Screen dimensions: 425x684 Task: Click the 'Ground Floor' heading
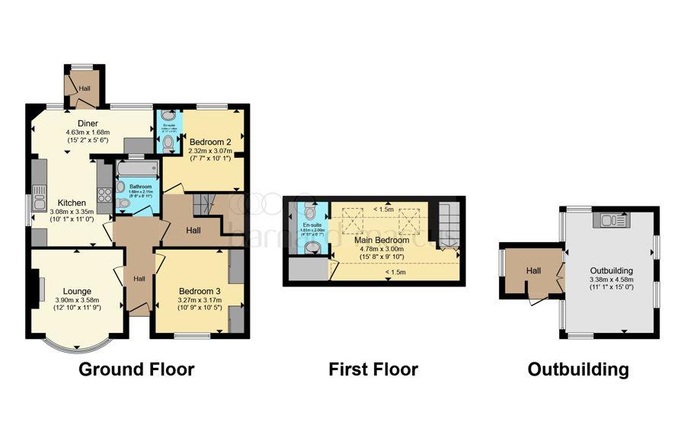pos(137,370)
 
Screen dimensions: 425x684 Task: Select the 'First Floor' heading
pos(373,370)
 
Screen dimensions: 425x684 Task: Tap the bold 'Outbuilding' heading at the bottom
pos(579,370)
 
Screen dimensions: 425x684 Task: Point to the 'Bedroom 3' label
pos(200,291)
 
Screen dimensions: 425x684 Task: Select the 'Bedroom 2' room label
pos(210,142)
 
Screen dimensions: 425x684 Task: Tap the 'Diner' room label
pos(88,123)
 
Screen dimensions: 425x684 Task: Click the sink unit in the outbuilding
pos(611,220)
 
